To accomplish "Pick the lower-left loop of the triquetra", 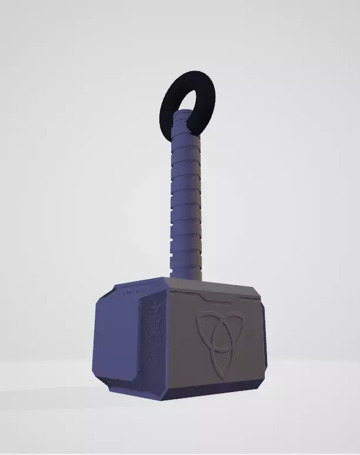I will coord(206,350).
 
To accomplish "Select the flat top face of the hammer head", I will coord(194,285).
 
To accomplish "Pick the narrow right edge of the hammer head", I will coord(263,341).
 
